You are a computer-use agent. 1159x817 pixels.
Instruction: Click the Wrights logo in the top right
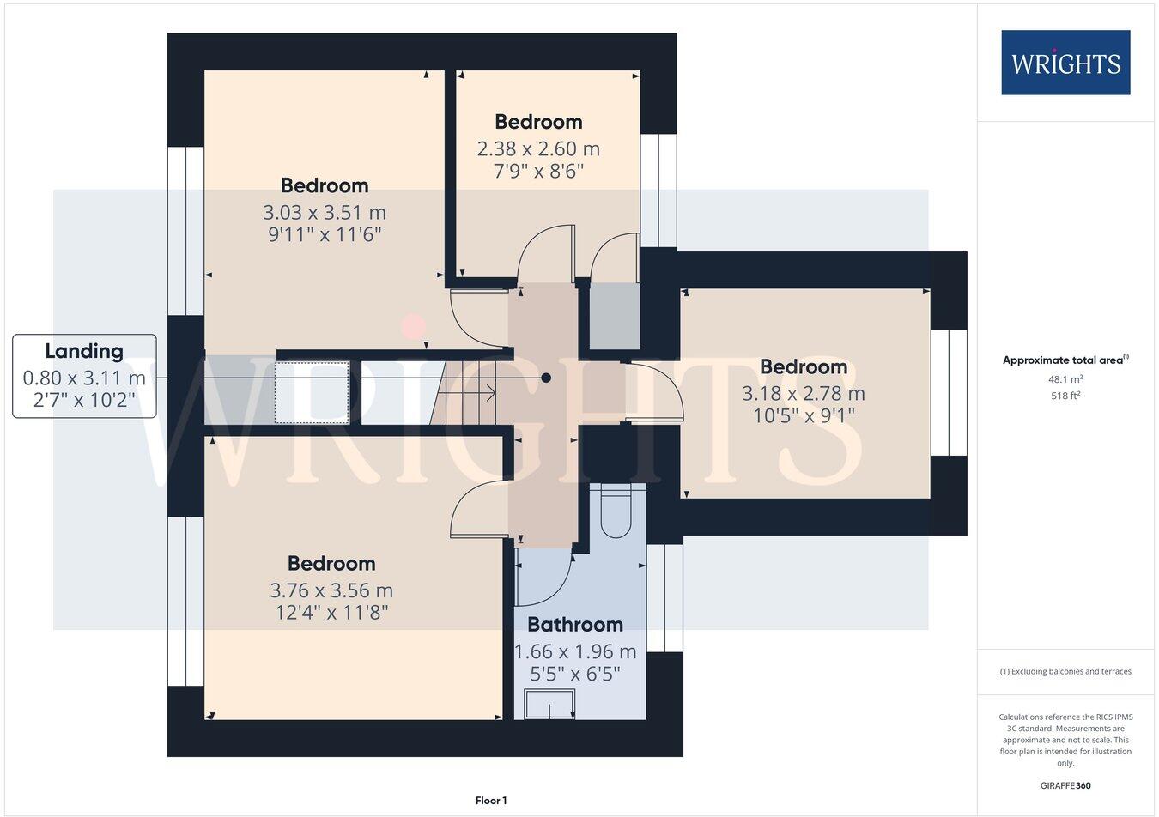(1065, 63)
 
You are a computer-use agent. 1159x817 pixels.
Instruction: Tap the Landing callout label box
(84, 376)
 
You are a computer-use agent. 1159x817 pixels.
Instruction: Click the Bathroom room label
(575, 624)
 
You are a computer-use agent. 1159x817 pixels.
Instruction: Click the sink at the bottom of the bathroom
(549, 705)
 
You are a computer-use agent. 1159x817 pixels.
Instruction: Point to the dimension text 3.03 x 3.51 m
(325, 212)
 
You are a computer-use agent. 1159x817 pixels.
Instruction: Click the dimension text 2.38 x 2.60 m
(538, 148)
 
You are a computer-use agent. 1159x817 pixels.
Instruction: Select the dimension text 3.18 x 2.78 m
(804, 393)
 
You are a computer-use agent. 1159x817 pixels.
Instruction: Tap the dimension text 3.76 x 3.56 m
(331, 590)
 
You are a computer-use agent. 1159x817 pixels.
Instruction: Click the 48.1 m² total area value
(1065, 378)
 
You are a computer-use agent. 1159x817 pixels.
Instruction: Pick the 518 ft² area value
(1065, 396)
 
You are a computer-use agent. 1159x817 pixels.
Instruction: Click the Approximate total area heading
(1065, 360)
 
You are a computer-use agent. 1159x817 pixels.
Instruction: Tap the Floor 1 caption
(491, 801)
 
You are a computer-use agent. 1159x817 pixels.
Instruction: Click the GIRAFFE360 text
(1065, 785)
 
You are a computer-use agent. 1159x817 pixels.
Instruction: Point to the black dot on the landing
(546, 378)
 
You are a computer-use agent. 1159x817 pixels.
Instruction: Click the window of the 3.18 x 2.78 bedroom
(949, 392)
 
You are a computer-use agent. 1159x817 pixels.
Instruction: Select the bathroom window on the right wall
(664, 598)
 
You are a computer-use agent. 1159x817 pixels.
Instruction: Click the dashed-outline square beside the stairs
(312, 393)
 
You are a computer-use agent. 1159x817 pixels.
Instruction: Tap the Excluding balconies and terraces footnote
(1065, 671)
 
